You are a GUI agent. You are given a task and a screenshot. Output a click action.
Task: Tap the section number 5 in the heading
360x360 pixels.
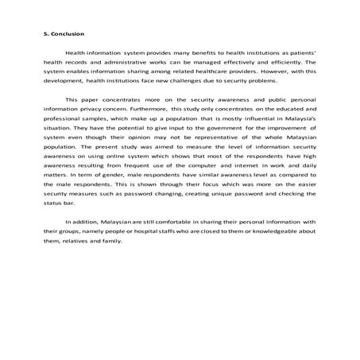pyautogui.click(x=45, y=33)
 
